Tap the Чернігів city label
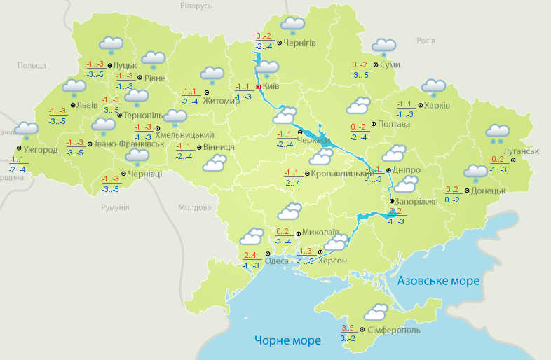(x=300, y=43)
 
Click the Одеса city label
(x=276, y=261)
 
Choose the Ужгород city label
(x=40, y=150)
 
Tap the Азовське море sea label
(x=438, y=281)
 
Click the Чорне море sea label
(x=287, y=341)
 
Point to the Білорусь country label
(x=195, y=6)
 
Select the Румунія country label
(x=115, y=208)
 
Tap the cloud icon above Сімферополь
(x=376, y=311)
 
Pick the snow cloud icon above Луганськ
(x=498, y=132)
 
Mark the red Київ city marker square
(x=259, y=87)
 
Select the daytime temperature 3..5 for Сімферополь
(x=348, y=328)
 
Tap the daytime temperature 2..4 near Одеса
(x=250, y=255)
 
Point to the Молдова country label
(x=194, y=208)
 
